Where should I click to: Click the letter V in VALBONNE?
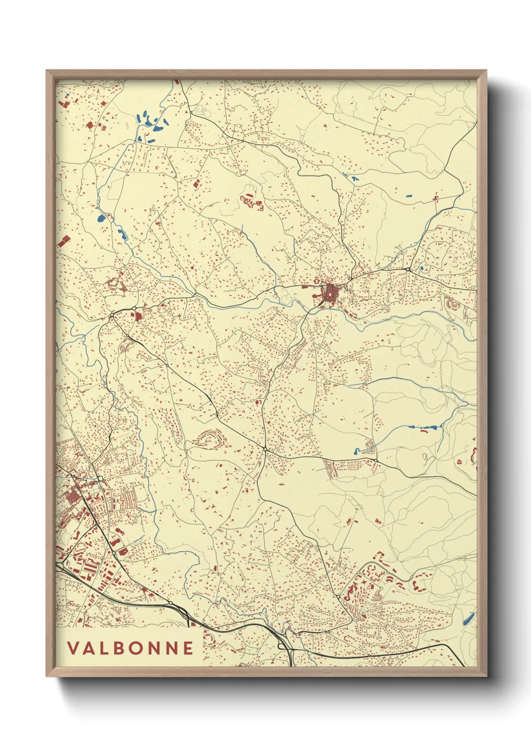72,648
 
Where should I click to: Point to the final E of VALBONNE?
188,648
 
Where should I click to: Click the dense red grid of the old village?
331,292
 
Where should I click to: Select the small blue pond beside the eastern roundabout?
422,268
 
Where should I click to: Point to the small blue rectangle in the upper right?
408,195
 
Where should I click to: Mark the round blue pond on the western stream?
101,218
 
